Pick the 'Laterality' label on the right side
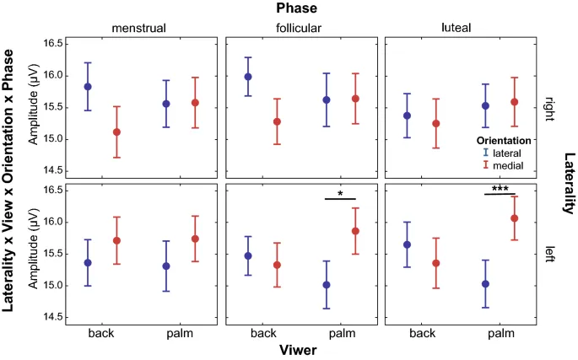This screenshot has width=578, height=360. (570, 181)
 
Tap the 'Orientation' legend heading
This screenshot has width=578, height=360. (502, 140)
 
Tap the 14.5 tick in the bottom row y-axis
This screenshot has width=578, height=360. (52, 317)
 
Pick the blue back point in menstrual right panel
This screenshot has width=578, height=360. (88, 86)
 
